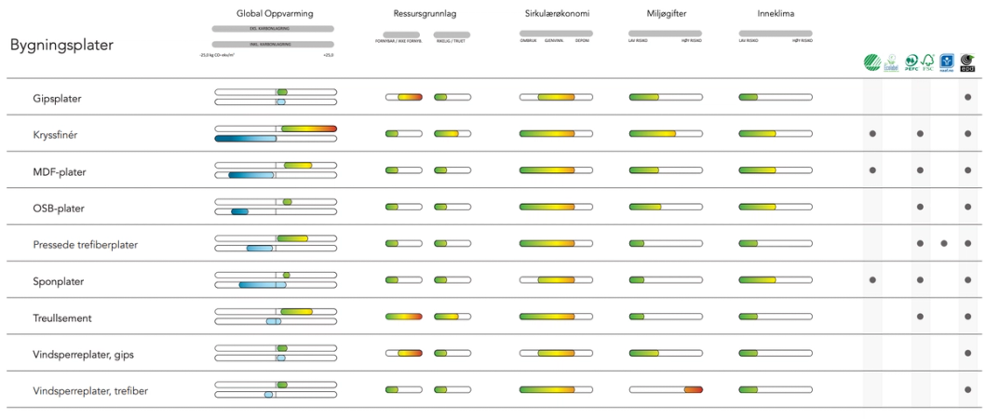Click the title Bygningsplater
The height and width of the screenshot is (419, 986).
pyautogui.click(x=61, y=45)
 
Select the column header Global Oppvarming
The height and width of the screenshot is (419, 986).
pyautogui.click(x=275, y=14)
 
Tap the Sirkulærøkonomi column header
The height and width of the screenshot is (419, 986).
pyautogui.click(x=557, y=14)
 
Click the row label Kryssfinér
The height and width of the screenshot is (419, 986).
pyautogui.click(x=55, y=134)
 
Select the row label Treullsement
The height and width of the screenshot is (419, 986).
pyautogui.click(x=61, y=318)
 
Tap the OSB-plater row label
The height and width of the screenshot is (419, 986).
pyautogui.click(x=59, y=208)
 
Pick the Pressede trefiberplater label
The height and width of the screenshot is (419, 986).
pyautogui.click(x=85, y=244)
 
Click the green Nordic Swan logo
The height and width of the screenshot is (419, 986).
pyautogui.click(x=871, y=63)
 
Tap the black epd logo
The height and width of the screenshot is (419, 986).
pyautogui.click(x=967, y=63)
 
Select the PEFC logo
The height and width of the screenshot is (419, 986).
pyautogui.click(x=912, y=63)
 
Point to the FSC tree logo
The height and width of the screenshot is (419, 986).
pyautogui.click(x=927, y=63)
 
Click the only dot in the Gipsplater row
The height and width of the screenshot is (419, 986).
pyautogui.click(x=968, y=98)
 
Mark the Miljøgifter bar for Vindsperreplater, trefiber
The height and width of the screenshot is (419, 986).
pyautogui.click(x=666, y=389)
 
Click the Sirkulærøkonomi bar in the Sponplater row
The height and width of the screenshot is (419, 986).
pyautogui.click(x=556, y=280)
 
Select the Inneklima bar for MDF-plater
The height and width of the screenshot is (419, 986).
pyautogui.click(x=776, y=170)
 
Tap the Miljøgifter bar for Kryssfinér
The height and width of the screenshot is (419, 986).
pyautogui.click(x=666, y=134)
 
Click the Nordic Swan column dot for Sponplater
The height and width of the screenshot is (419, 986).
pyautogui.click(x=872, y=279)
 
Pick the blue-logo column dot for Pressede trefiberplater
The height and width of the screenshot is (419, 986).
pyautogui.click(x=944, y=243)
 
